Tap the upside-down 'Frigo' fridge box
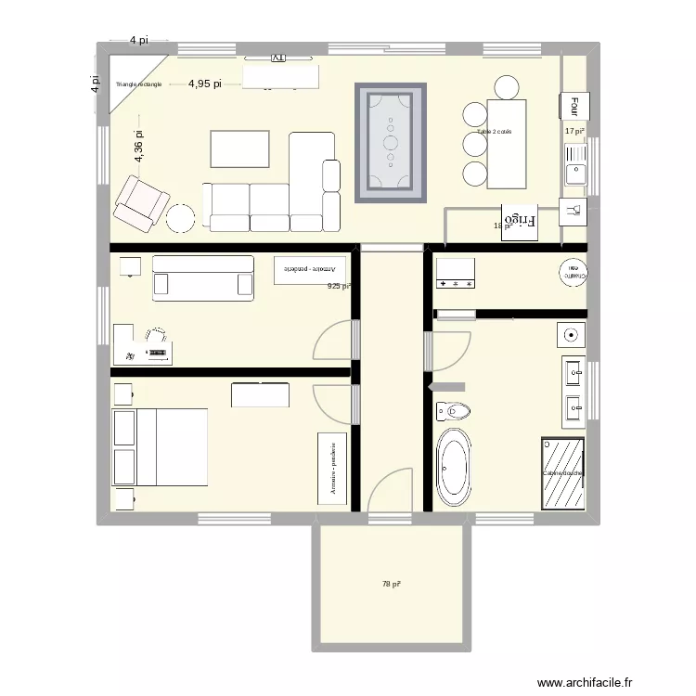click(x=520, y=222)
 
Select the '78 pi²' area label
click(x=391, y=584)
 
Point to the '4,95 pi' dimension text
click(x=204, y=84)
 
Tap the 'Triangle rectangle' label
click(x=138, y=84)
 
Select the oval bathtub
click(x=454, y=466)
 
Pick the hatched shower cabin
click(x=562, y=472)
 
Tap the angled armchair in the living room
click(x=141, y=203)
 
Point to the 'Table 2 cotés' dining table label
click(x=495, y=132)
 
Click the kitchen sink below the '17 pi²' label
click(x=574, y=170)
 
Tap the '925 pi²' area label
click(x=339, y=287)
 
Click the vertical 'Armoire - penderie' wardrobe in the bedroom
click(x=331, y=470)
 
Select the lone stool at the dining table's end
click(x=507, y=87)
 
